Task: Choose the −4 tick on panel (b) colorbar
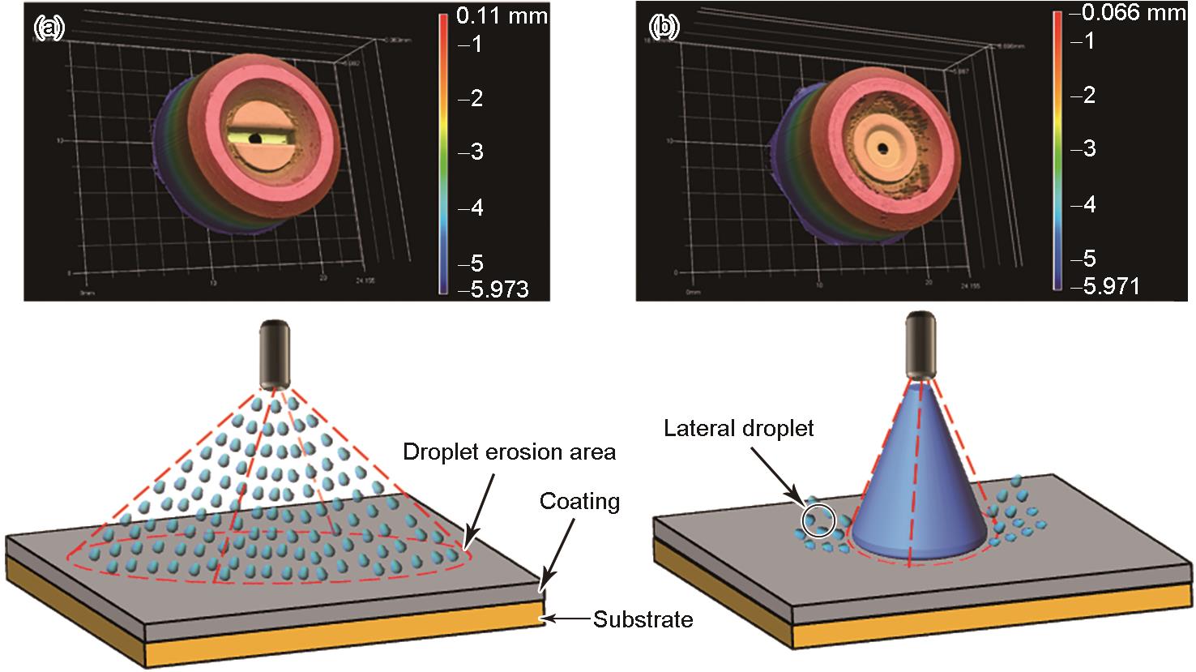1081,203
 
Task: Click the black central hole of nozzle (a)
254,139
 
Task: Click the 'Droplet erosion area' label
510,452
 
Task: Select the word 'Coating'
579,502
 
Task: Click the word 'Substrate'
643,620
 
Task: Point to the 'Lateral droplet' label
738,428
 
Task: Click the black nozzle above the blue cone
921,345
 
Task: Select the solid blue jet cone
920,486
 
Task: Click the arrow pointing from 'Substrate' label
567,620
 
